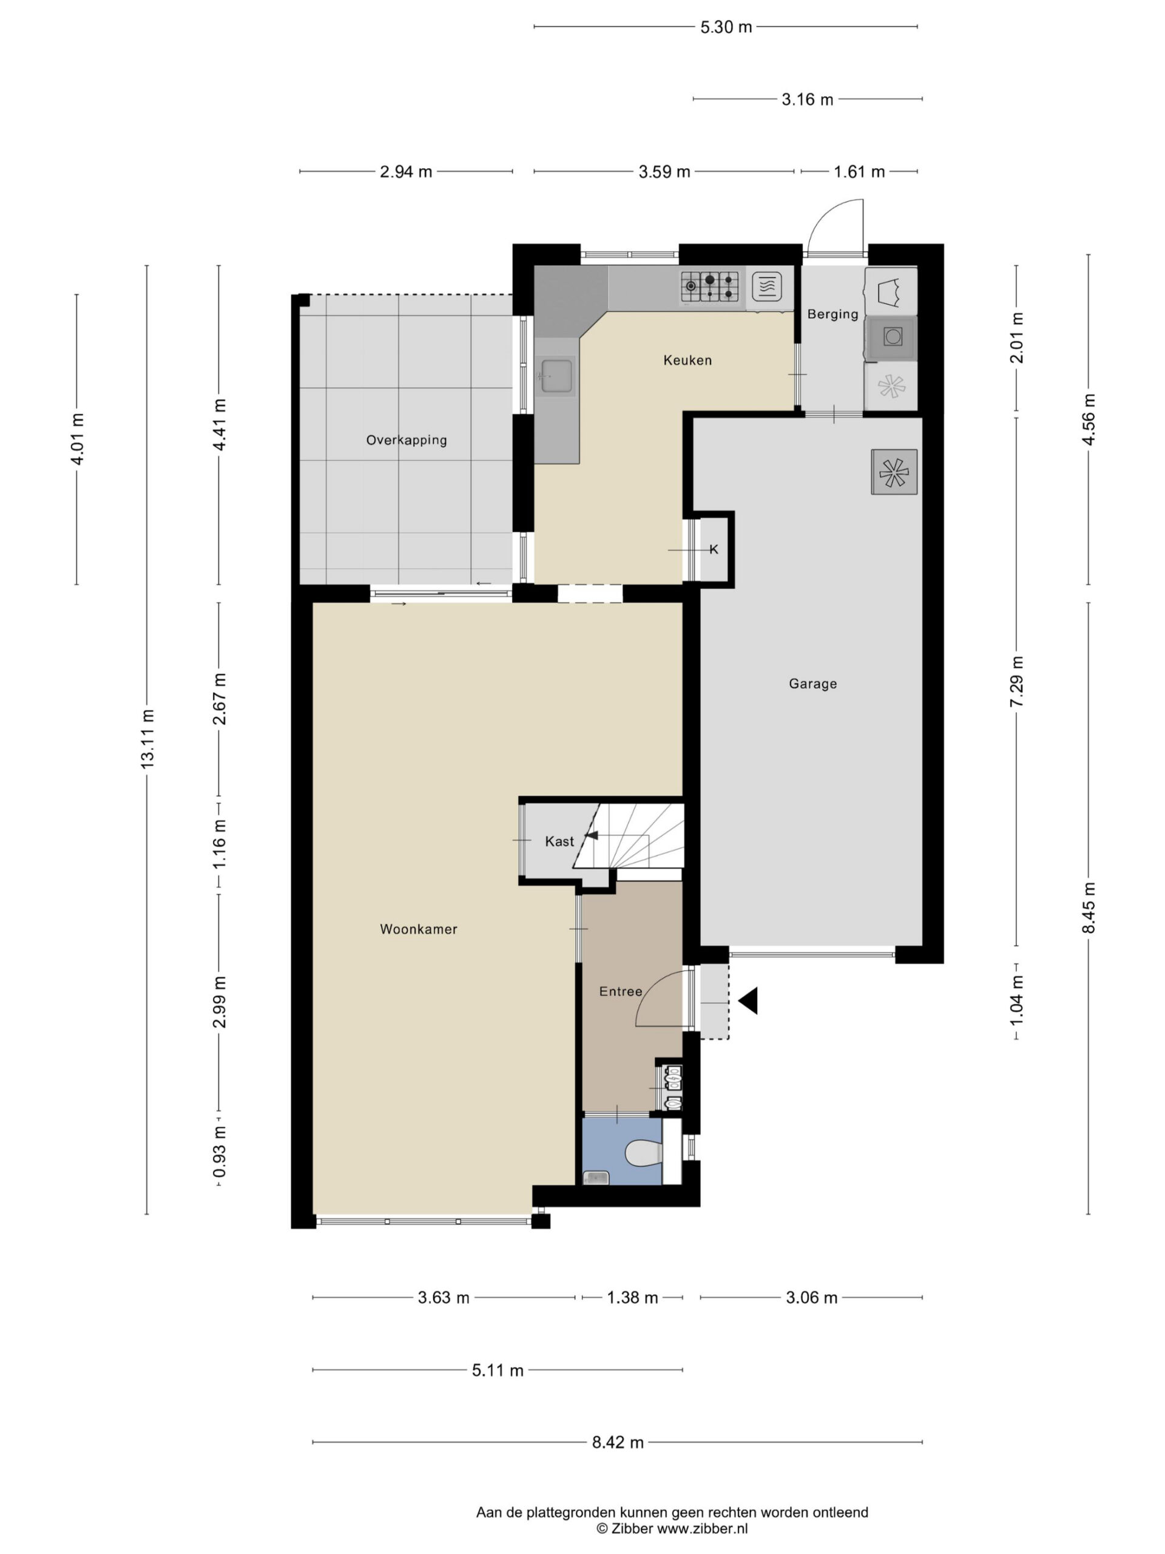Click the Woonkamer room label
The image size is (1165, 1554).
419,929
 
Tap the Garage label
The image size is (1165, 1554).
812,684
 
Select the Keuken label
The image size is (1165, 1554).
687,361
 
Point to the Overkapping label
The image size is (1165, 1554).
407,441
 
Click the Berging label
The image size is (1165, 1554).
833,314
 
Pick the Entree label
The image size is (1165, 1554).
621,991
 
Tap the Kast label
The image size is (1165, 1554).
559,841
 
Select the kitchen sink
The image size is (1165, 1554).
556,376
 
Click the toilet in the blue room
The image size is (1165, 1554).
643,1153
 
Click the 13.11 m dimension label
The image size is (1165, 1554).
147,739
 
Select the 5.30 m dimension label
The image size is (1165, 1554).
726,27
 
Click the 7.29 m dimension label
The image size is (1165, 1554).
1016,682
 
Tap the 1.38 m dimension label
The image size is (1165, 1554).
633,1298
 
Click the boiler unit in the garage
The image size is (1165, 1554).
894,472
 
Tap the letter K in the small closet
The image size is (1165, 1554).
714,549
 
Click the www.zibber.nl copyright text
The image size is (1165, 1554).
672,1529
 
